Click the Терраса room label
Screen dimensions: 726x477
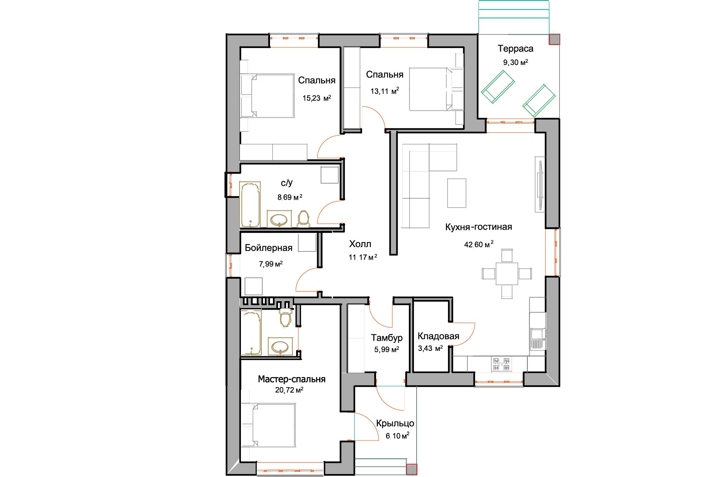click(515, 49)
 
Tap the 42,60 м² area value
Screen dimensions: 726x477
click(479, 244)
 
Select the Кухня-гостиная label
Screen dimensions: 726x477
click(478, 227)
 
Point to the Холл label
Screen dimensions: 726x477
click(360, 244)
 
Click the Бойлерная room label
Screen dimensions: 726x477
click(269, 248)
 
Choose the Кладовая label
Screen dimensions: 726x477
click(438, 336)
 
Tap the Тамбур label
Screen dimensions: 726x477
click(387, 338)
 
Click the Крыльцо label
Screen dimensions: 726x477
click(395, 424)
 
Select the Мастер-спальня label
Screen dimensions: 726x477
click(292, 379)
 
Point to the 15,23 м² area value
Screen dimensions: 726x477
click(317, 98)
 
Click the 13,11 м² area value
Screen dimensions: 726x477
click(385, 91)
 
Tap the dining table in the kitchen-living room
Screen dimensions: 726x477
click(507, 274)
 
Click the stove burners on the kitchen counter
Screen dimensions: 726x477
click(501, 364)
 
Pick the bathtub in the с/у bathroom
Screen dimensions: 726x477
click(250, 204)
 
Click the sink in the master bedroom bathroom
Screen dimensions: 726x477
click(280, 347)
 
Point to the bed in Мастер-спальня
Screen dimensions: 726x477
click(268, 425)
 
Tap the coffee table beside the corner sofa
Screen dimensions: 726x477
click(457, 193)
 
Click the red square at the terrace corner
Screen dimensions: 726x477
click(554, 39)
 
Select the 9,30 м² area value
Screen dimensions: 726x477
click(516, 62)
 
